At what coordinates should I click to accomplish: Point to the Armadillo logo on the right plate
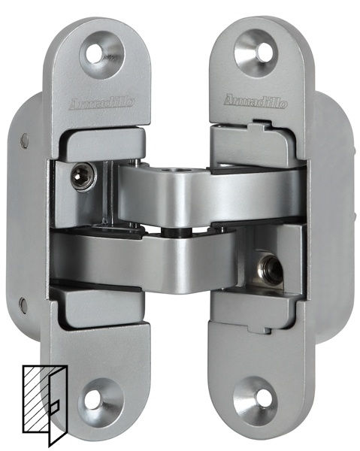256,101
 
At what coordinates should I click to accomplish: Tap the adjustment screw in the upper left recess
83,176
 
